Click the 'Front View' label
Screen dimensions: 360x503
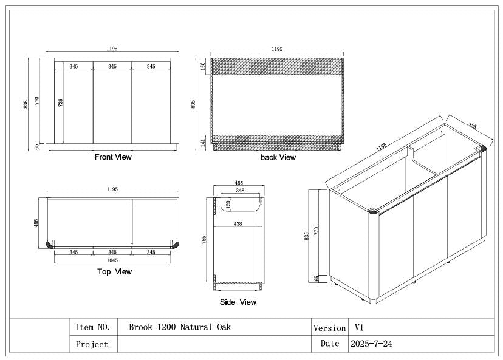pyautogui.click(x=113, y=157)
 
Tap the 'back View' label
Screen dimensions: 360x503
pyautogui.click(x=278, y=158)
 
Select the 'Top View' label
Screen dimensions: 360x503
pyautogui.click(x=114, y=272)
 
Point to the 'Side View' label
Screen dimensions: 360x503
pyautogui.click(x=238, y=302)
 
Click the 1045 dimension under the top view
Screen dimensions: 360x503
pyautogui.click(x=112, y=260)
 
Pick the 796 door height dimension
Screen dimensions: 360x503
pyautogui.click(x=60, y=102)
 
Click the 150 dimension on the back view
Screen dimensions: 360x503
pyautogui.click(x=204, y=66)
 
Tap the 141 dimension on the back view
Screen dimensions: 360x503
pyautogui.click(x=204, y=142)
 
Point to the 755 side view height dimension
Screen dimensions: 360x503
pyautogui.click(x=205, y=240)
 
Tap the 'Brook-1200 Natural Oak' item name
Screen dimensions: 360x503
pyautogui.click(x=180, y=327)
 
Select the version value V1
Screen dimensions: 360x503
pyautogui.click(x=359, y=327)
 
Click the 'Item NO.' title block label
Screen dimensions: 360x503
pyautogui.click(x=92, y=327)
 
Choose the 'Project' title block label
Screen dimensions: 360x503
pyautogui.click(x=92, y=344)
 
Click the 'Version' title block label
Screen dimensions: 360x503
pyautogui.click(x=329, y=328)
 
